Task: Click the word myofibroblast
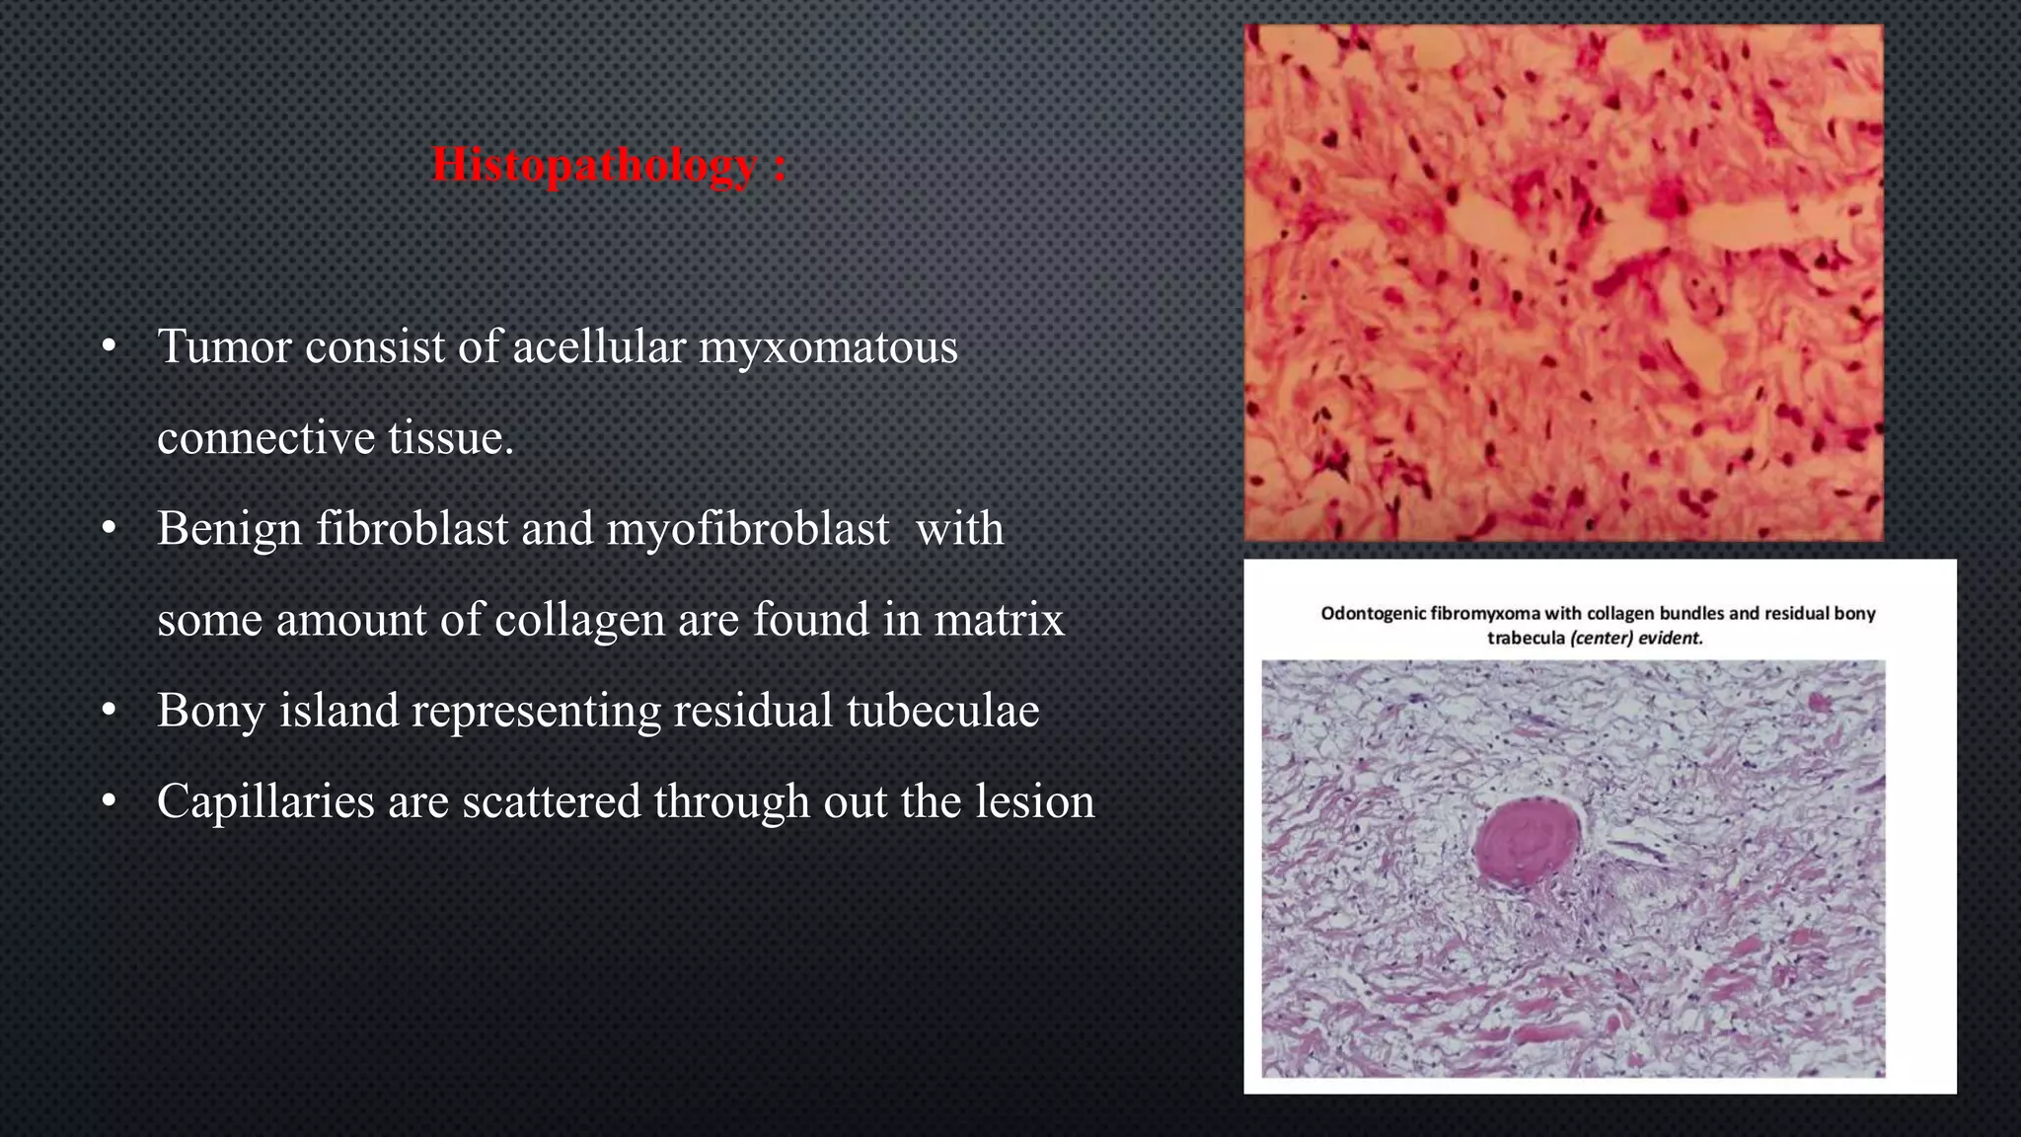pyautogui.click(x=747, y=529)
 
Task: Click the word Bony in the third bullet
pyautogui.click(x=211, y=712)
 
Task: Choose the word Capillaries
pyautogui.click(x=265, y=801)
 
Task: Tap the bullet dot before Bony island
pyautogui.click(x=110, y=711)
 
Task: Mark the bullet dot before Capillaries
pyautogui.click(x=110, y=801)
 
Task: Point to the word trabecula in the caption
pyautogui.click(x=1526, y=638)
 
